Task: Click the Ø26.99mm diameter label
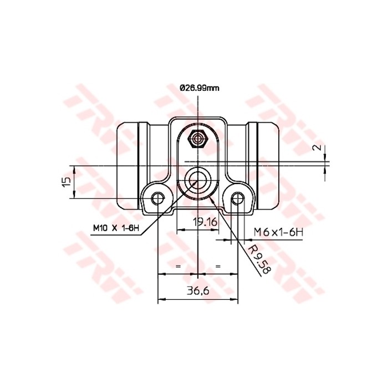[x=200, y=88]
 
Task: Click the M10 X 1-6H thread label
[x=114, y=227]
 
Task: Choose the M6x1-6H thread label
[x=279, y=232]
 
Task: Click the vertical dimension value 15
[x=65, y=181]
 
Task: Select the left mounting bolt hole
[x=159, y=198]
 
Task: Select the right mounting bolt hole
[x=238, y=198]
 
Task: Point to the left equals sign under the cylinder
[x=178, y=267]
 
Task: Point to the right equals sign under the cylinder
[x=218, y=267]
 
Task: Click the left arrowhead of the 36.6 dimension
[x=161, y=300]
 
